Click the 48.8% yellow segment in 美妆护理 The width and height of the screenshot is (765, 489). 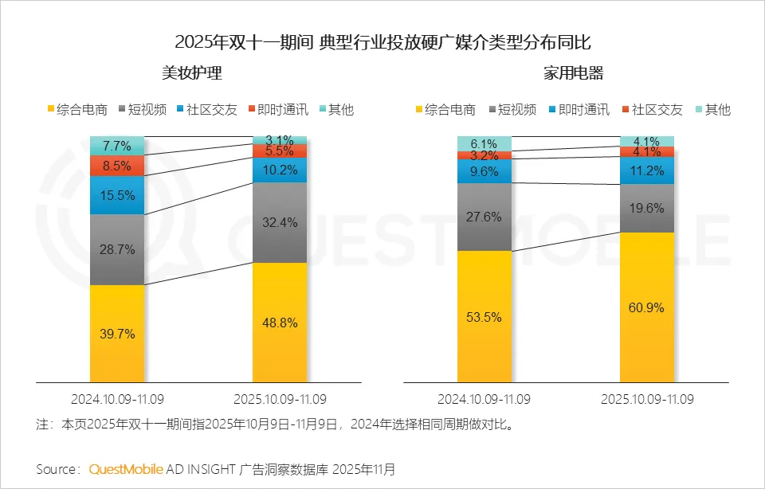click(280, 322)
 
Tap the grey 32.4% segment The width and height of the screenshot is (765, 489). click(280, 223)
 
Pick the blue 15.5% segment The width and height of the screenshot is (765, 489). click(117, 195)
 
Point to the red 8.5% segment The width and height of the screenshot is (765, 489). click(117, 166)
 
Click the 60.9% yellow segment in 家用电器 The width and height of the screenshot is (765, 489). click(647, 307)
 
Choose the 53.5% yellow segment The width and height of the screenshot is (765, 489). click(484, 316)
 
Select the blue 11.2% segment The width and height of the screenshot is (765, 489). click(647, 170)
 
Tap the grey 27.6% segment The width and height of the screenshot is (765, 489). click(484, 217)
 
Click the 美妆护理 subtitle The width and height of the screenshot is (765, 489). click(191, 74)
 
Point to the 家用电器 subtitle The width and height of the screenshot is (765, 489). click(574, 74)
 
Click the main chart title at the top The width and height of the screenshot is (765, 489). click(382, 41)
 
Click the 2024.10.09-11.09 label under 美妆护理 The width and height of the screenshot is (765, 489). click(116, 397)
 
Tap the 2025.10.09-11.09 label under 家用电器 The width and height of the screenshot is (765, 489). click(647, 397)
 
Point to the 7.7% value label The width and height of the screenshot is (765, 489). click(117, 146)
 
